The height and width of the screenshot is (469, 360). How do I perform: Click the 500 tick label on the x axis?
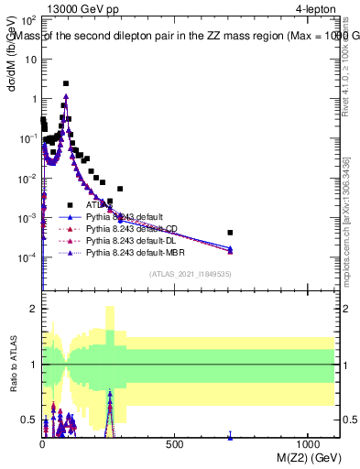[x=173, y=443]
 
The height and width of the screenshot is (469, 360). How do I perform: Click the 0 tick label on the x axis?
[x=42, y=443]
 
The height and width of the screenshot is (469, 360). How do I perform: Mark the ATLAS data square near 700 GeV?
[x=230, y=233]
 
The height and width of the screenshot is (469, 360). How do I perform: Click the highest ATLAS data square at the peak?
[x=66, y=83]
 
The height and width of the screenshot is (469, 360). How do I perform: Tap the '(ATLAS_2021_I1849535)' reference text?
[x=191, y=274]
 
